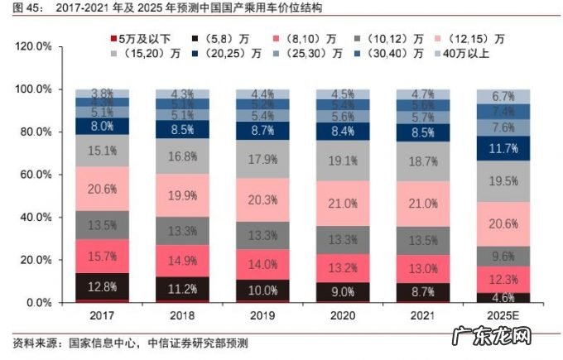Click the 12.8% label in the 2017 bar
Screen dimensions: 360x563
click(102, 287)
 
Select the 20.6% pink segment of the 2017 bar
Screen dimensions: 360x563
click(102, 189)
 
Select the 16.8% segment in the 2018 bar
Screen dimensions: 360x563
click(181, 156)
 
